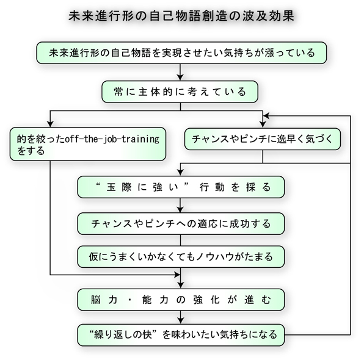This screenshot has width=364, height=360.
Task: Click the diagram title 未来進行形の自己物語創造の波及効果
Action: [x=181, y=16]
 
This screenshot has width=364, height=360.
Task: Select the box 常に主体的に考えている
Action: [x=180, y=92]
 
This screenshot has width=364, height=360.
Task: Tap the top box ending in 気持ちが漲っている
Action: [x=181, y=53]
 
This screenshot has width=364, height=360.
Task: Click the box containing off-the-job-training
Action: [x=88, y=144]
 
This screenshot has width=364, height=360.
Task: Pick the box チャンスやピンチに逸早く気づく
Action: [x=263, y=139]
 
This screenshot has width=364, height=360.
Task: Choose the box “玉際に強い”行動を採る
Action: [x=181, y=187]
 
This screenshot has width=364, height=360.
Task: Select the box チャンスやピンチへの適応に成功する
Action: [x=181, y=223]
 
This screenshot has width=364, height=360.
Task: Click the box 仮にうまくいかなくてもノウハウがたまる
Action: [x=181, y=257]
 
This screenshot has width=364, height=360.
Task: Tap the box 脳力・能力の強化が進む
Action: [x=181, y=300]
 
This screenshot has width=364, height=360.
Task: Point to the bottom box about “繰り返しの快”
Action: [x=181, y=335]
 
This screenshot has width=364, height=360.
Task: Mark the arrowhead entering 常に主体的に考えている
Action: [x=180, y=77]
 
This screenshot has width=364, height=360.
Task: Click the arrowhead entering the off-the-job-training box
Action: [x=50, y=124]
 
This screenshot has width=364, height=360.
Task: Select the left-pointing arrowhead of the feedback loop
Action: [x=266, y=116]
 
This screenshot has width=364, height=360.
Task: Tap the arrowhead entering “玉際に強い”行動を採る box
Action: [x=180, y=173]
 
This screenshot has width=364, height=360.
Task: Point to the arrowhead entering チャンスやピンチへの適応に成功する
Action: [x=180, y=209]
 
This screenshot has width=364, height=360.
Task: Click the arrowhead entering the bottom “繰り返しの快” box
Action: [x=180, y=321]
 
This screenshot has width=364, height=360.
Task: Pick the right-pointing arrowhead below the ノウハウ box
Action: [x=177, y=275]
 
